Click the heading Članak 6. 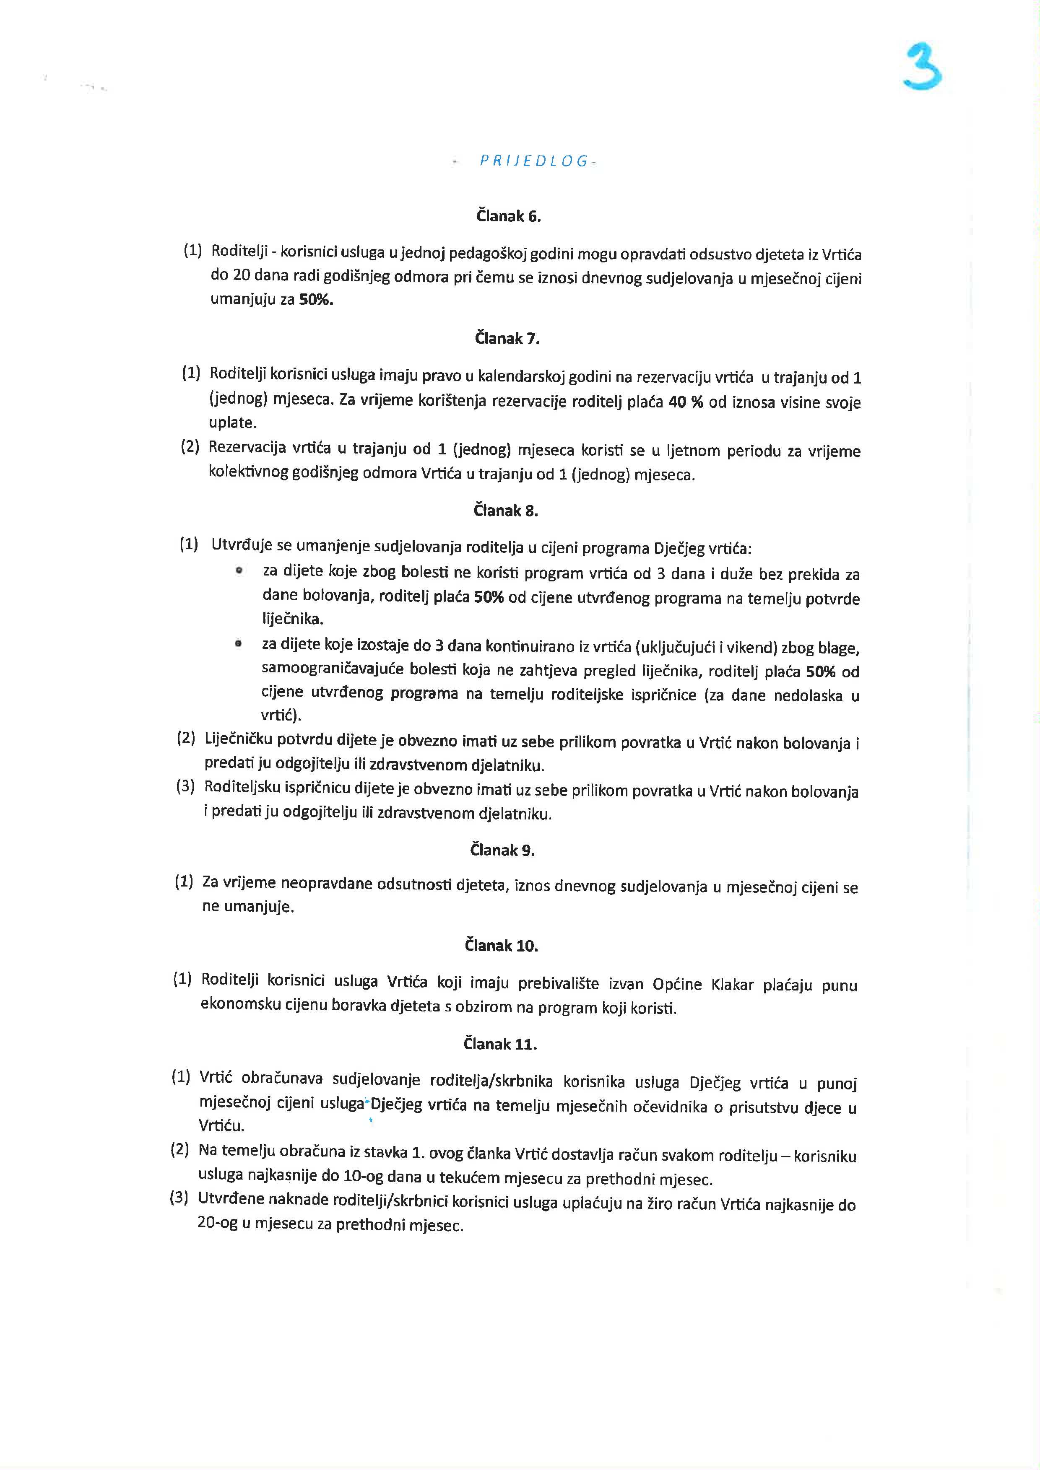tap(509, 216)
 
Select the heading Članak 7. tap(507, 339)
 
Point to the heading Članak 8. tap(506, 511)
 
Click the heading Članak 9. tap(502, 850)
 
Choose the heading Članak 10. tap(502, 946)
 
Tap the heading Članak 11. tap(500, 1044)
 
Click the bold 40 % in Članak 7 tap(685, 402)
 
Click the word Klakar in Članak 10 tap(732, 984)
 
